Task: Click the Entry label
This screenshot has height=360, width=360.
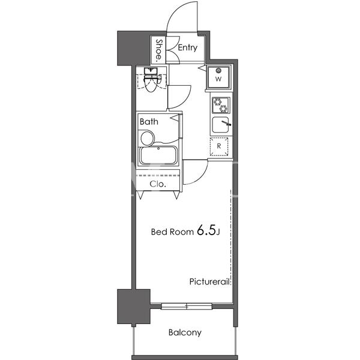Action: [188, 48]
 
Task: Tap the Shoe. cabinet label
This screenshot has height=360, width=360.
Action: [159, 51]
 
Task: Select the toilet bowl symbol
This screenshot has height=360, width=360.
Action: [151, 83]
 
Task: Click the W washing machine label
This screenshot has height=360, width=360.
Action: [218, 79]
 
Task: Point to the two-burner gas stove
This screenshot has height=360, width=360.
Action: [221, 105]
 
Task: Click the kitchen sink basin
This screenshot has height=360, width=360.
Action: [220, 125]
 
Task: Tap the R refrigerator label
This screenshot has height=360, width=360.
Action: [219, 146]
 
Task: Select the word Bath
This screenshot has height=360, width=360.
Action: [149, 121]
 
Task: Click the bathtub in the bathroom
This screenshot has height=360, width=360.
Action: [158, 155]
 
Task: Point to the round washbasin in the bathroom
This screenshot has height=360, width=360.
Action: [147, 138]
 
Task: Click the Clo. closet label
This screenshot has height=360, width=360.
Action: [158, 184]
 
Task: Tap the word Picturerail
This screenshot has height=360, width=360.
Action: [209, 281]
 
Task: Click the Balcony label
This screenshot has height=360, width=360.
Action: [185, 332]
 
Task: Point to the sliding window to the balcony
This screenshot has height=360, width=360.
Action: [187, 306]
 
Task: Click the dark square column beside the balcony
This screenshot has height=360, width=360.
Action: [134, 307]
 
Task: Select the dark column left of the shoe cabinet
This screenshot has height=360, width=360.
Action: [134, 48]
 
